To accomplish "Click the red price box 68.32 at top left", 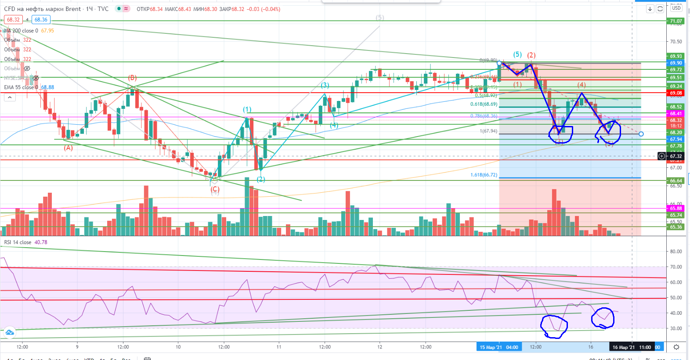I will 13,20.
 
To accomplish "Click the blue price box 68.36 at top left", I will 41,20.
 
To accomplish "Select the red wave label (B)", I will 132,78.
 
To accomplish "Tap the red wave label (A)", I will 68,148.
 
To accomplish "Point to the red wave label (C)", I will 215,190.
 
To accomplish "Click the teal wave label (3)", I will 325,85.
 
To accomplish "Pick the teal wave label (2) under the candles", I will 261,179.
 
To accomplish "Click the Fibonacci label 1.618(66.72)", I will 484,175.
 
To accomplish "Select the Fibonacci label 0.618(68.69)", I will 484,104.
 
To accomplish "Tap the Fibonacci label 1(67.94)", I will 488,131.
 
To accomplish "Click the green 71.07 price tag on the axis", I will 676,21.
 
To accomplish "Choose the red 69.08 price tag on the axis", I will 676,93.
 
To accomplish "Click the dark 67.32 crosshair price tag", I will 676,156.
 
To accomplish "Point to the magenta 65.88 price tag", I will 676,209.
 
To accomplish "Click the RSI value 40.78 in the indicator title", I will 41,242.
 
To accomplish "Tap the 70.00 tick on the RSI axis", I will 676,267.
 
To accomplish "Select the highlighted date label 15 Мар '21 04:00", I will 499,347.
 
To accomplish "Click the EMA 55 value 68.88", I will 47,87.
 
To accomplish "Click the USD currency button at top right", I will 676,8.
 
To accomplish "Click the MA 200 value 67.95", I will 47,31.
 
